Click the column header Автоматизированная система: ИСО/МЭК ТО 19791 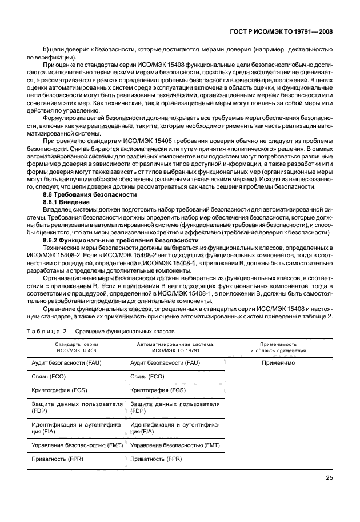175,348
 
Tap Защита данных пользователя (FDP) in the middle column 175,407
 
